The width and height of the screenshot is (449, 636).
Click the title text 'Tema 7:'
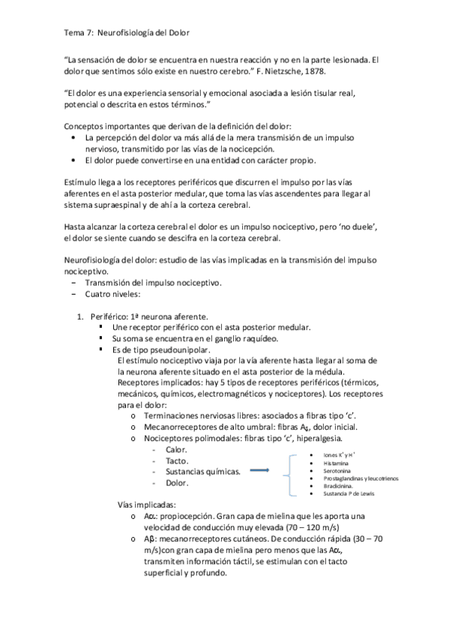pos(76,32)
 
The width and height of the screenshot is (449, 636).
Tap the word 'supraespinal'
pos(121,205)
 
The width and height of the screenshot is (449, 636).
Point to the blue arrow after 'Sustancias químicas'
pos(259,471)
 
